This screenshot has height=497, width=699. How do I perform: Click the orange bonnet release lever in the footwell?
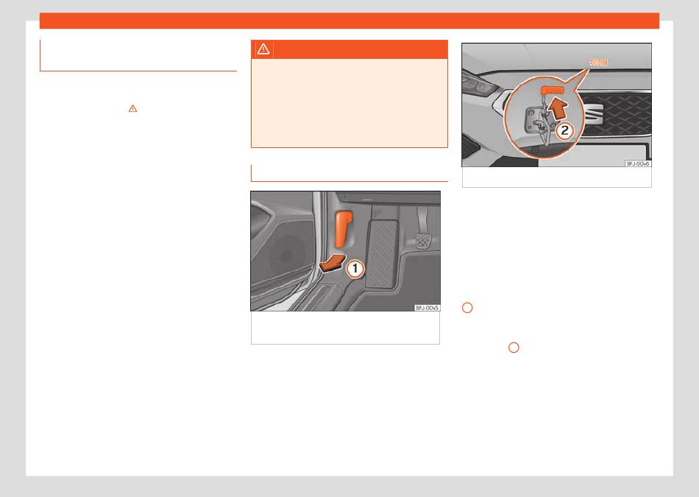344,229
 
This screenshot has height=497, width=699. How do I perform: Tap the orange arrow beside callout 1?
333,263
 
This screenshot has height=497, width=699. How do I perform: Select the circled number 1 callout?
355,269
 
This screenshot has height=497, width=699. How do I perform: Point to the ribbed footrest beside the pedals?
382,254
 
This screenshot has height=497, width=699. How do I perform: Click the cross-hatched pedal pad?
423,241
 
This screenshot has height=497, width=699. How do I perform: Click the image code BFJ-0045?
427,308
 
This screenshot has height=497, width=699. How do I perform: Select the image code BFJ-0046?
638,163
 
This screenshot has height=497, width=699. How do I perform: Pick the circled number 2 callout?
565,130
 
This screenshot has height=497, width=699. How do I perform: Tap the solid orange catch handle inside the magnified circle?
553,90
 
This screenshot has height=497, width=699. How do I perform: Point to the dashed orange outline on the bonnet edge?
599,63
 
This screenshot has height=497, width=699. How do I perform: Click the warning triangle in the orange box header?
263,49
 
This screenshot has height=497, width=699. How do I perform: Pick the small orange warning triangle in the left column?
133,108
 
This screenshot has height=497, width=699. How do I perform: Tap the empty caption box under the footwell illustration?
346,328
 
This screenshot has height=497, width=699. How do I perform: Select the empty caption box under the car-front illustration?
557,177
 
